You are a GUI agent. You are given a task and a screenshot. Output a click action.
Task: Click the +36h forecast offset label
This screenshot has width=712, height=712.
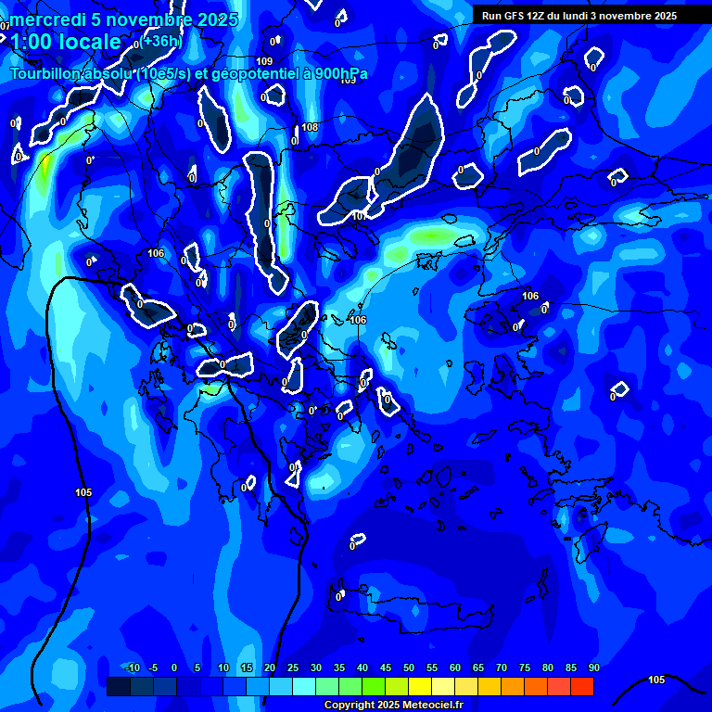(161, 41)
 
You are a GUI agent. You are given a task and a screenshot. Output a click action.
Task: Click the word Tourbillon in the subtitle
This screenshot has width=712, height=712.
(45, 74)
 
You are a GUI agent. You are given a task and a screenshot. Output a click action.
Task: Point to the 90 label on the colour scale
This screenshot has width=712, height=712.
(593, 668)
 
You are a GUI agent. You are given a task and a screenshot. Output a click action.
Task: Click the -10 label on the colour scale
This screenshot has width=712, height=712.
(132, 668)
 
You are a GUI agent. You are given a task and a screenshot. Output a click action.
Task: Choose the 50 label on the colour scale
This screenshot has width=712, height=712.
(409, 668)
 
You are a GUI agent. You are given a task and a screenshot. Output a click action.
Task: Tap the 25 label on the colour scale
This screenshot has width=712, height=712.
(293, 668)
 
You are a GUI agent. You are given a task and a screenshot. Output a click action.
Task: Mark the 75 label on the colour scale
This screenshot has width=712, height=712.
(525, 668)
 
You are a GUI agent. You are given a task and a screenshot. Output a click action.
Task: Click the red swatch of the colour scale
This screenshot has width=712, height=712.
(582, 686)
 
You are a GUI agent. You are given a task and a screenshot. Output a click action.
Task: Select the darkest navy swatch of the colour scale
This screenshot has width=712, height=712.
(119, 686)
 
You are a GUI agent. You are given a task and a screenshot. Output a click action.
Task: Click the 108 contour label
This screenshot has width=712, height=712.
(310, 127)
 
